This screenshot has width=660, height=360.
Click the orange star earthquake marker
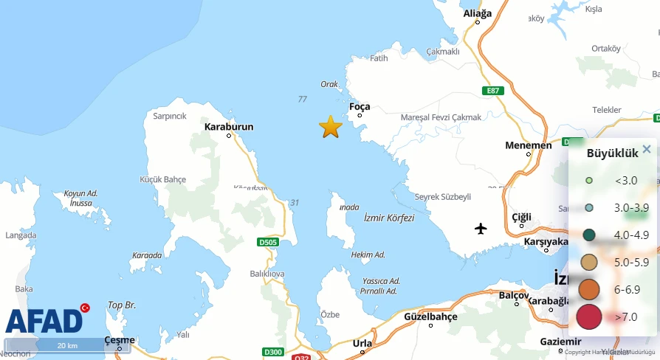(331, 127)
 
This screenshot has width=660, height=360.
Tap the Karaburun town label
(229, 127)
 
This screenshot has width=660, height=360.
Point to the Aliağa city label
(477, 13)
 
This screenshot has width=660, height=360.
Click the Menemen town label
(529, 145)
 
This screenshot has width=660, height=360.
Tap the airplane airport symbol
(481, 228)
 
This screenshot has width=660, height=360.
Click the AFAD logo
(45, 320)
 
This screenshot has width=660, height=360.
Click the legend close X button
(647, 149)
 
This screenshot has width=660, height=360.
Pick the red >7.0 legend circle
(589, 316)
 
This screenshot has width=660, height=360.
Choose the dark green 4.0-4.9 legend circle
(589, 235)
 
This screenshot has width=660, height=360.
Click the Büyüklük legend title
(612, 154)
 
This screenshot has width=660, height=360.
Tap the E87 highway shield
(493, 90)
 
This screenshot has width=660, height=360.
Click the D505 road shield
(269, 241)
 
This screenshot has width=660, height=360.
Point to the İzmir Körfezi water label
(389, 218)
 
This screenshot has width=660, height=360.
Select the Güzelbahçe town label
(430, 316)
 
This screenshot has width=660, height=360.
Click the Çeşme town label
(120, 340)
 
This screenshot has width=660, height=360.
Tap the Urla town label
(362, 343)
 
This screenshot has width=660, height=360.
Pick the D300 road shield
(273, 352)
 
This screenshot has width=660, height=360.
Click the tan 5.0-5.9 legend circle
(589, 262)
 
